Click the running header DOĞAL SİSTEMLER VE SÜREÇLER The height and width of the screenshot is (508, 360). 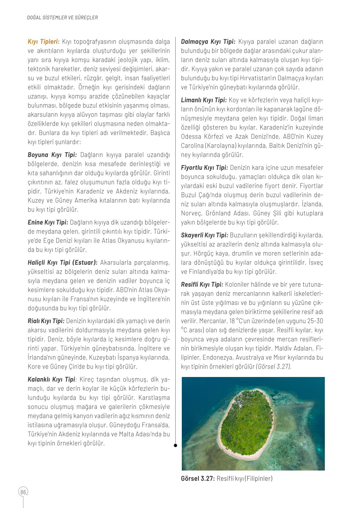[x=62, y=18]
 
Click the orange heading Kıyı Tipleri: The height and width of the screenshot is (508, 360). [x=44, y=42]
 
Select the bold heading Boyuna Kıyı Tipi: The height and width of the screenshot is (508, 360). [x=52, y=155]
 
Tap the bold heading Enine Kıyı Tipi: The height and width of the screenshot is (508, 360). [x=48, y=223]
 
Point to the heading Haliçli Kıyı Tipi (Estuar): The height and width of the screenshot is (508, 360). [x=63, y=263]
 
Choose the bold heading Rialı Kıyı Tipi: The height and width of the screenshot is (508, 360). [x=46, y=321]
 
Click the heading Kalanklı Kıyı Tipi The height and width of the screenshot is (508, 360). [x=51, y=380]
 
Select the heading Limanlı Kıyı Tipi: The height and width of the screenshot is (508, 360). [x=204, y=100]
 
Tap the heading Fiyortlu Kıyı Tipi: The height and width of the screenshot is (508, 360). [x=204, y=168]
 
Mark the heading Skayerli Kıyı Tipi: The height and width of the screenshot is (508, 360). [x=204, y=235]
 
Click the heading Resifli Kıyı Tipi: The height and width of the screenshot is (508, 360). [x=202, y=284]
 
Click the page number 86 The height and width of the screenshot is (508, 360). [x=23, y=492]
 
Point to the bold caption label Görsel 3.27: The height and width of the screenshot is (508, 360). [x=198, y=479]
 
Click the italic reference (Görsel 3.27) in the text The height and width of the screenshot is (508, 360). [x=273, y=367]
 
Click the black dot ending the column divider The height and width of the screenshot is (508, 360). [x=175, y=445]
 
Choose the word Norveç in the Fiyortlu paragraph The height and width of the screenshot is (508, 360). [x=192, y=213]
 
